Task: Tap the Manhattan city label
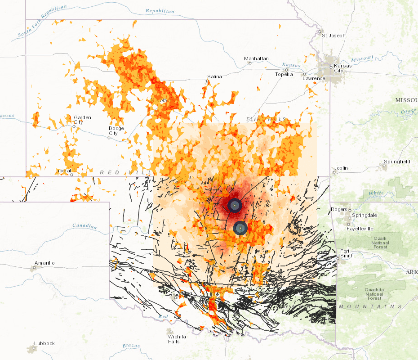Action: [256, 59]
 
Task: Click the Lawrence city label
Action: [313, 78]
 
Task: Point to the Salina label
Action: [214, 76]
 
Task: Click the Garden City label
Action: [82, 120]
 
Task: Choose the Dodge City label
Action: [116, 130]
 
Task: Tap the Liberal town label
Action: [63, 171]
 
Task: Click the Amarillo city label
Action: [44, 263]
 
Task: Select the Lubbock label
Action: [44, 343]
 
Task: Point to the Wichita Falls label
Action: [174, 339]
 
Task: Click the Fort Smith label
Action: [347, 253]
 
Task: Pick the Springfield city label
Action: [398, 162]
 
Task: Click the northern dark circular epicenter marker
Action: [235, 206]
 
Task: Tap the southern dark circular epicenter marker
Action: [240, 228]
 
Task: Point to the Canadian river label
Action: [84, 226]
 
